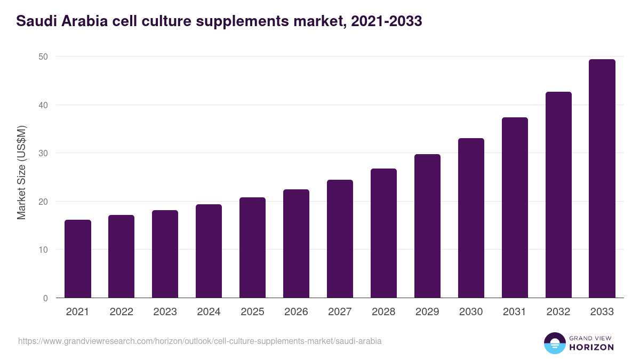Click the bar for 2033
(x=602, y=179)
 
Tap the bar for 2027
(x=340, y=239)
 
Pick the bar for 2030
(x=471, y=218)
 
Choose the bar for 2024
(x=209, y=251)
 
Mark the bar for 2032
(x=558, y=195)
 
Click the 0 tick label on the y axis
(x=46, y=298)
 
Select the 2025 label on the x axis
(x=252, y=312)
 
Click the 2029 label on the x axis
(x=427, y=312)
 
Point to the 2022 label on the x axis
(x=121, y=312)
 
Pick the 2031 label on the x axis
(x=515, y=312)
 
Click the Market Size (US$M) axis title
(x=21, y=172)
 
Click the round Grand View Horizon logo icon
(x=555, y=343)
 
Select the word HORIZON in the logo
(x=591, y=347)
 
